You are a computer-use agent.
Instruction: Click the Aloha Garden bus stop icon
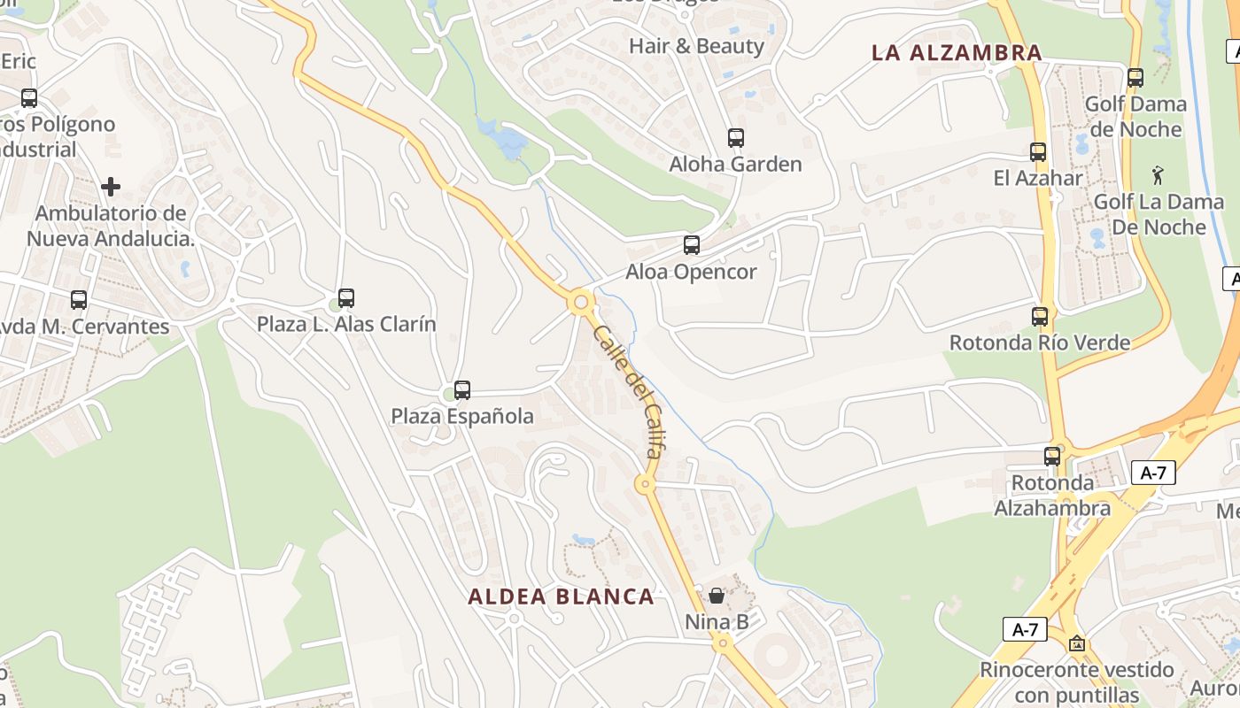point(735,138)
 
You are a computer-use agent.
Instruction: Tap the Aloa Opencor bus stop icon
point(692,245)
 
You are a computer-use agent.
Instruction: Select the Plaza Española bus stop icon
point(461,390)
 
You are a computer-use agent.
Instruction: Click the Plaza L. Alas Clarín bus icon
point(346,298)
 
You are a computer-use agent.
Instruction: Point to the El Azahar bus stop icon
point(1038,152)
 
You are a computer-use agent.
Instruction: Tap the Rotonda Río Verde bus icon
point(1040,317)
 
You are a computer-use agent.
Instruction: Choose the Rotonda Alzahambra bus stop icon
point(1052,457)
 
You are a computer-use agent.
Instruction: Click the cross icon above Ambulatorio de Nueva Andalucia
point(111,187)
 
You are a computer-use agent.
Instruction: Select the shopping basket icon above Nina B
point(717,596)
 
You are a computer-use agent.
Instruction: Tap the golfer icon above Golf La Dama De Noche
point(1157,175)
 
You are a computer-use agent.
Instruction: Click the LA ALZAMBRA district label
point(957,52)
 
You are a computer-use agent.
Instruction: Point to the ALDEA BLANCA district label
point(562,596)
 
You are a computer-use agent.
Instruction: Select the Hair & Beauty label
point(696,46)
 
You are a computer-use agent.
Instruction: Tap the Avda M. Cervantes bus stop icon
point(79,300)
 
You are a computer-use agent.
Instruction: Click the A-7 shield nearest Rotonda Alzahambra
point(1153,473)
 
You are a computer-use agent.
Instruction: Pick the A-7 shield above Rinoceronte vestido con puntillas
point(1025,629)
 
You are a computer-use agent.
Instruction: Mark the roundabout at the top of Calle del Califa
point(581,303)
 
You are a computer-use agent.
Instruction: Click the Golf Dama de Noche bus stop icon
point(1135,78)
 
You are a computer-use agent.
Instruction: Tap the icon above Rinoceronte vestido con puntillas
point(1077,643)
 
